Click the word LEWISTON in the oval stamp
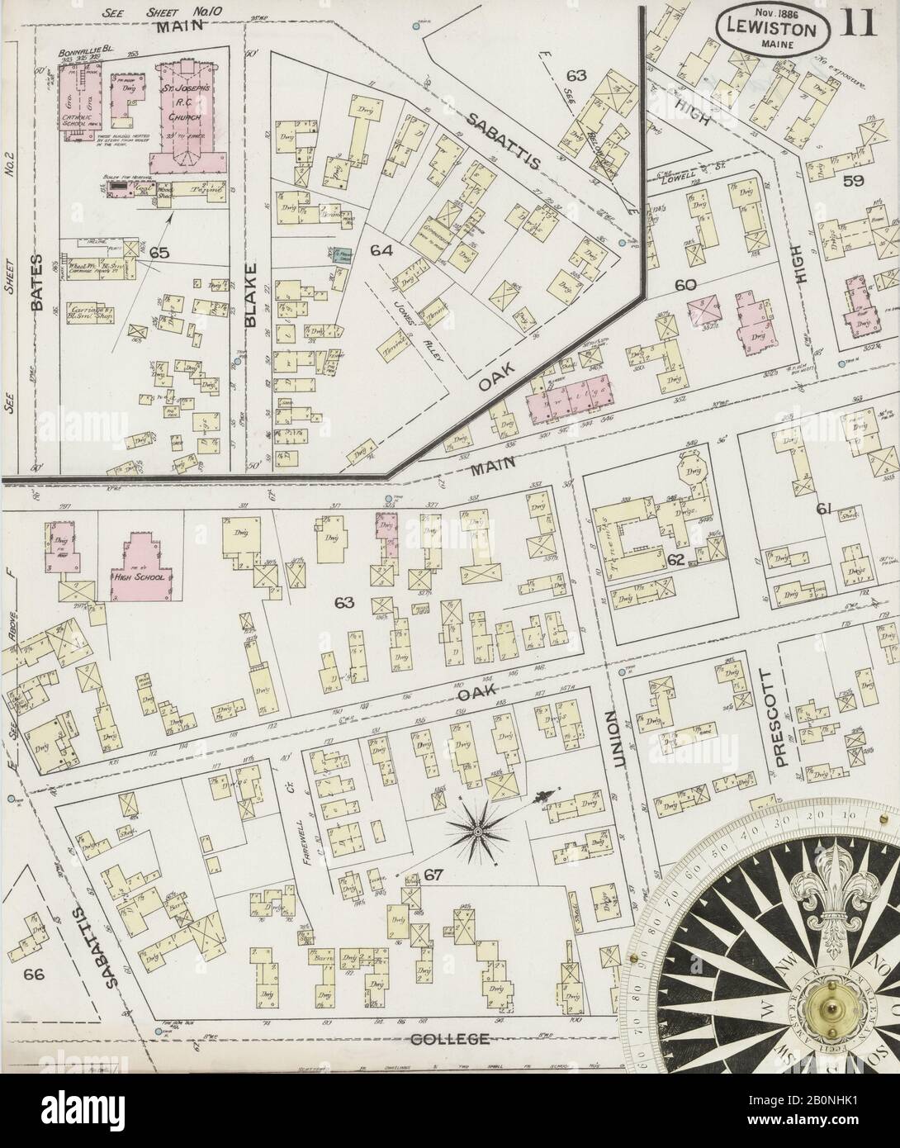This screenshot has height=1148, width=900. (772, 29)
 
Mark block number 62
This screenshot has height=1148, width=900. (675, 560)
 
